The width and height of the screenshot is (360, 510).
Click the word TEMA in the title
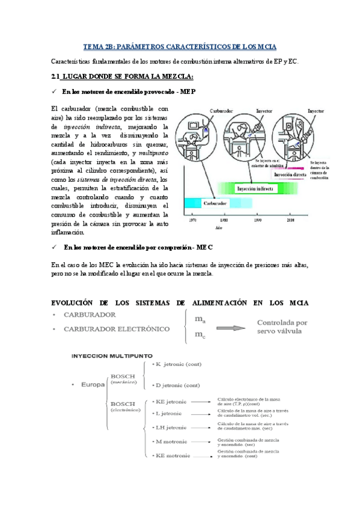click(93, 47)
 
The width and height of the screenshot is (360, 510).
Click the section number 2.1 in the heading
click(58, 76)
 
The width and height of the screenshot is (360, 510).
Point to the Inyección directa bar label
click(291, 175)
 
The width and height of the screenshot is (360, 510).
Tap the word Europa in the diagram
click(91, 384)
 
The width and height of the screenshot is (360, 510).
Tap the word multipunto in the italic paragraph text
click(154, 153)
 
